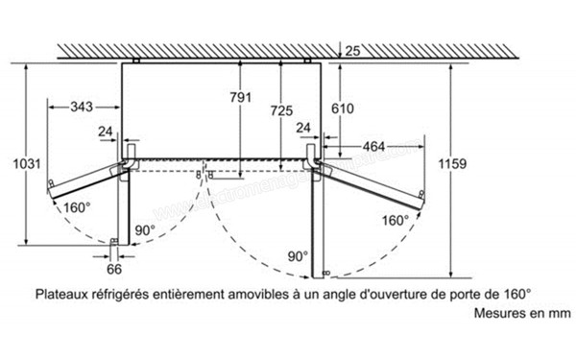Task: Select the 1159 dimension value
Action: point(451,163)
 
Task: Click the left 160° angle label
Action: point(76,207)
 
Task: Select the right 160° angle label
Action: point(394,220)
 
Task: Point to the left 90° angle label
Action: point(145,229)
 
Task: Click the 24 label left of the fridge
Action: point(106,132)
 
